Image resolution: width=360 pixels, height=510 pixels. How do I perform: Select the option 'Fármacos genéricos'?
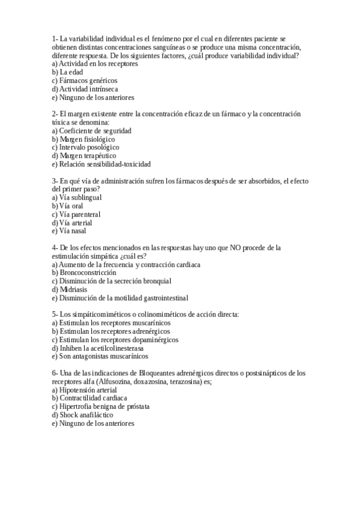[88, 80]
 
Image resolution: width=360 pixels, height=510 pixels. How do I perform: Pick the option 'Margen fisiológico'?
[87, 139]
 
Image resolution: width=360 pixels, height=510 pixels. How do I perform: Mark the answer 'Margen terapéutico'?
[87, 156]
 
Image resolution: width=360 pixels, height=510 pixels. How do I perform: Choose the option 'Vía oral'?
[71, 206]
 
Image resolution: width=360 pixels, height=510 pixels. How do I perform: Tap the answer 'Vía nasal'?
[73, 231]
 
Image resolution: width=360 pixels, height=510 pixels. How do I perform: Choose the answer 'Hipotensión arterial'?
[88, 390]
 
